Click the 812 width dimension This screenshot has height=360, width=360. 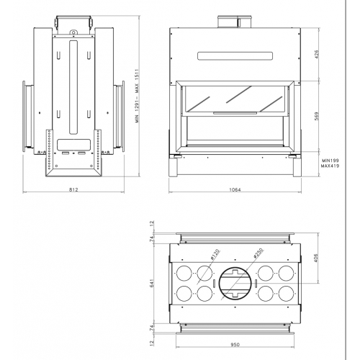[73, 189]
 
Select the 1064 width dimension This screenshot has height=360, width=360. [235, 189]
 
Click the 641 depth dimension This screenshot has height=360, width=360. [152, 284]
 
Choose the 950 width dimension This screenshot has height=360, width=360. [235, 344]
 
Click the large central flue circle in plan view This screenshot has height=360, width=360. [235, 284]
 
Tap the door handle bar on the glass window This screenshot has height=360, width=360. [235, 112]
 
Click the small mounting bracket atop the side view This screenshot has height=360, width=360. [73, 31]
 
